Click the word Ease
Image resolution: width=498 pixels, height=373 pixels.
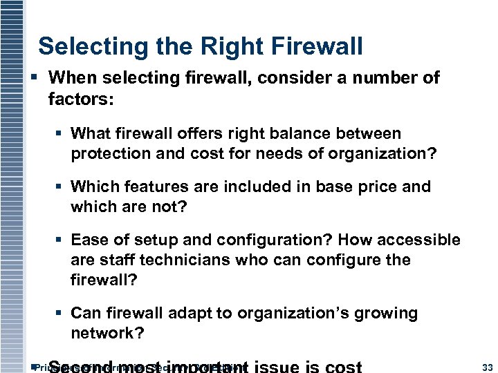pyautogui.click(x=88, y=240)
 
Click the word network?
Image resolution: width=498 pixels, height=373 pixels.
pyautogui.click(x=107, y=334)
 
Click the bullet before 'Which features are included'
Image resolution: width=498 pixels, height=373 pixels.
pyautogui.click(x=61, y=187)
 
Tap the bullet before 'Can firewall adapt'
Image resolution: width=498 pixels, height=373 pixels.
pyautogui.click(x=61, y=314)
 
